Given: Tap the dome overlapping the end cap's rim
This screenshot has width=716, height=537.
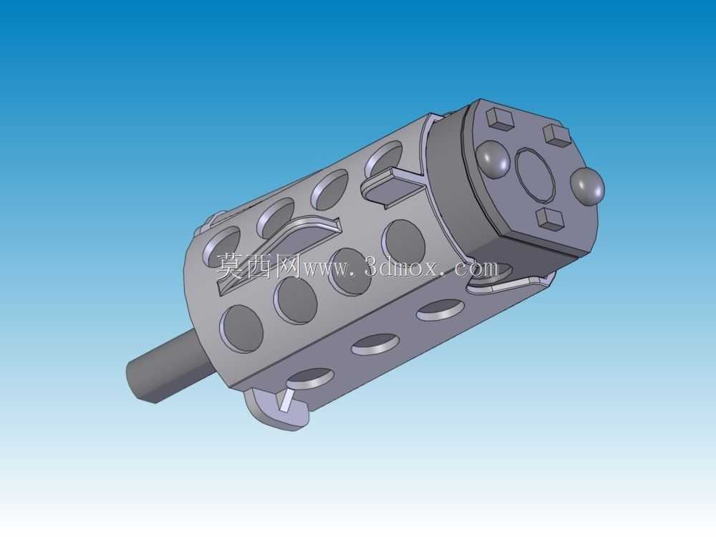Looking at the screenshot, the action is point(587,186).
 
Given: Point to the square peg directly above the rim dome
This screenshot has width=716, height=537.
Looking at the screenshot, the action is point(556,135).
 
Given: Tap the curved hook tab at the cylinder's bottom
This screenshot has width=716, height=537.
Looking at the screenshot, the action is point(276,409).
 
